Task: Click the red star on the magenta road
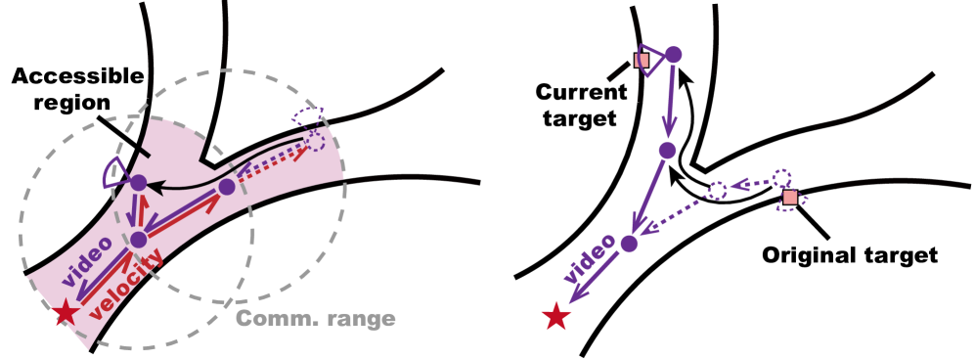66,313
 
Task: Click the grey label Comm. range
315,319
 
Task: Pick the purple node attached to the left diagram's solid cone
138,183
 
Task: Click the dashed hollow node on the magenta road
315,142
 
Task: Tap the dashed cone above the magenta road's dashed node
306,118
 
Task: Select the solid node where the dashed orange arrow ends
227,186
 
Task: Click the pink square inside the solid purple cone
642,61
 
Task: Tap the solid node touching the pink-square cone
673,55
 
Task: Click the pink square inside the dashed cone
790,197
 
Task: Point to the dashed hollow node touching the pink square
780,178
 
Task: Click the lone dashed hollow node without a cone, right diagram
717,191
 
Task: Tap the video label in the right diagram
590,258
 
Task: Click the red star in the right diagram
555,316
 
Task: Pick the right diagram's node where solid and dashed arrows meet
629,244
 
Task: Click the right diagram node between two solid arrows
667,151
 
